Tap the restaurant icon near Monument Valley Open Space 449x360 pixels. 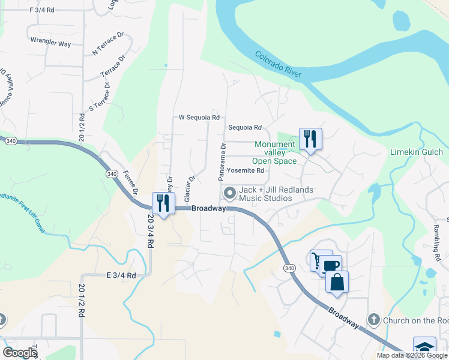click(310, 140)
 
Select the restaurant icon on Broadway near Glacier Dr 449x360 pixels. click(163, 203)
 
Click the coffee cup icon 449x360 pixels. click(330, 265)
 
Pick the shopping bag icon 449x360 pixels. click(337, 282)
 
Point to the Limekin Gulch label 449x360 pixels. click(416, 152)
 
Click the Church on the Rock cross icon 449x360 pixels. click(373, 320)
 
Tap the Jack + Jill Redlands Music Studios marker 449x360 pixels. click(229, 193)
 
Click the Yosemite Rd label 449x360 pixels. click(246, 170)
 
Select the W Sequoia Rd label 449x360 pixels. click(199, 118)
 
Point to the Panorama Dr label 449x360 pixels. click(222, 162)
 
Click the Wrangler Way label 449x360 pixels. click(50, 44)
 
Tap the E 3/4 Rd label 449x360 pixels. click(121, 275)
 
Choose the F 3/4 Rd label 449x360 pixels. click(41, 10)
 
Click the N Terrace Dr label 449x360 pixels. click(107, 44)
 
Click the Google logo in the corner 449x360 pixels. click(19, 352)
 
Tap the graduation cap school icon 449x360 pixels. click(424, 348)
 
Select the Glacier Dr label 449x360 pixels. click(190, 188)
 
